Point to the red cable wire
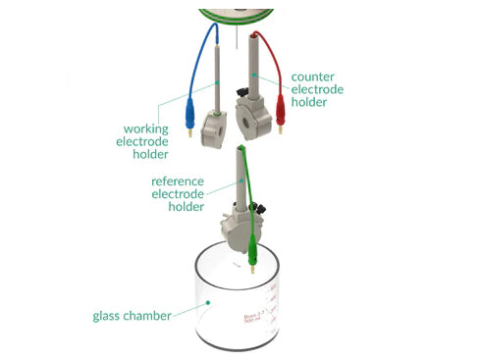coord(271,51)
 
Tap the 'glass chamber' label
coord(132,316)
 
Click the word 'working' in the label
coord(145,128)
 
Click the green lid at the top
coord(237,12)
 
